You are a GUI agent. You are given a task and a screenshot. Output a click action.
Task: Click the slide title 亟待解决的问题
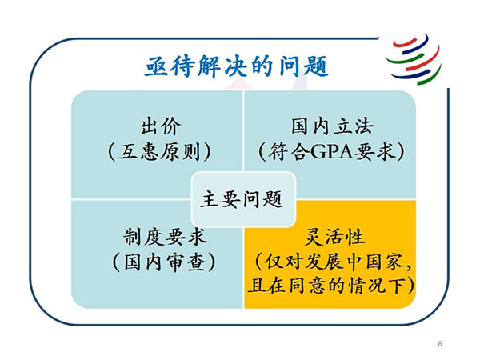(x=236, y=66)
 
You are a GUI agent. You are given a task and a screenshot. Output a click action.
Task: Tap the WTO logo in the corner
(x=414, y=59)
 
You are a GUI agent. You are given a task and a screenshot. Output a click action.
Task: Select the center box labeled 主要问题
(x=243, y=199)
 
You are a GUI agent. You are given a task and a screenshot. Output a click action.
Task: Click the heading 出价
(x=161, y=126)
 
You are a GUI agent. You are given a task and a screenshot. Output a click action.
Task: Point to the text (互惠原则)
(x=159, y=151)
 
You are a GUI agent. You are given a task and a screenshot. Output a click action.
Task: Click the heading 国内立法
(x=332, y=126)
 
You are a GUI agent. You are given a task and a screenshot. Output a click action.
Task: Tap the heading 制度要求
(x=166, y=237)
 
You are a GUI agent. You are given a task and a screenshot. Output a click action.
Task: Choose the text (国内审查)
(x=164, y=262)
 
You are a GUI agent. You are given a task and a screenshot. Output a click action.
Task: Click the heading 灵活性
(x=334, y=237)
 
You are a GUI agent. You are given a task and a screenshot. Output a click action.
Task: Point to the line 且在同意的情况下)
(x=331, y=286)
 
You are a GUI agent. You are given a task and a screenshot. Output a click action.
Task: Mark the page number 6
(x=440, y=343)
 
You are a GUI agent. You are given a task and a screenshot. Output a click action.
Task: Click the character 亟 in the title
(x=156, y=66)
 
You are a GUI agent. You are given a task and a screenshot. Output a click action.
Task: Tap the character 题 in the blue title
(x=317, y=66)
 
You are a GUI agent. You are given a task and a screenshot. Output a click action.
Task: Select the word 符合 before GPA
(x=290, y=152)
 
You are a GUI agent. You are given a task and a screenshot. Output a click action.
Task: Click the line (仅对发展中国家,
(x=333, y=262)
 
